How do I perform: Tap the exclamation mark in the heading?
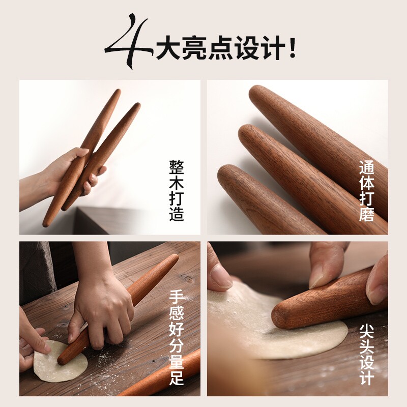point(293,48)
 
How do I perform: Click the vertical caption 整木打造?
point(177,190)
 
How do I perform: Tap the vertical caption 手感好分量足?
point(177,337)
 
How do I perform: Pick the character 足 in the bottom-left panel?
point(177,378)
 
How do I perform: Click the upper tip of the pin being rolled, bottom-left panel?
point(175,257)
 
